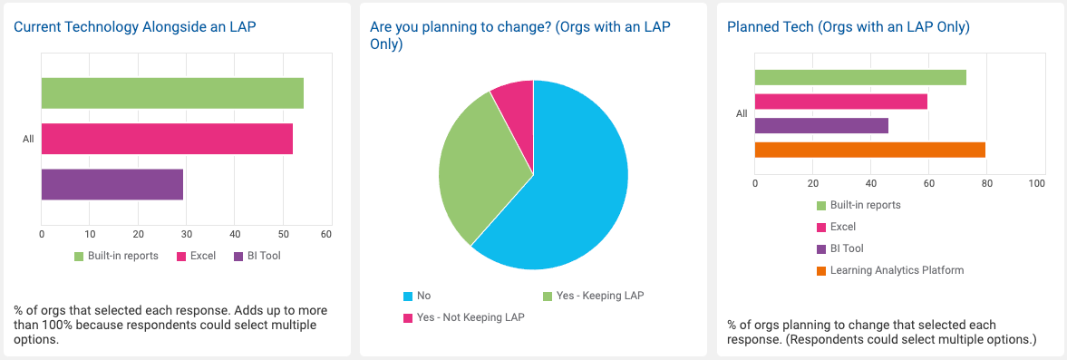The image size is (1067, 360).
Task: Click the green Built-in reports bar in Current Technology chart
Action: [x=172, y=93]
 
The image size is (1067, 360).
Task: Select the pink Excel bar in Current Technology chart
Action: [x=167, y=139]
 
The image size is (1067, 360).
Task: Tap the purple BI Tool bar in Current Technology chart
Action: [x=112, y=184]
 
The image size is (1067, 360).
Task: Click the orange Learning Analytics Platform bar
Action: [x=869, y=150]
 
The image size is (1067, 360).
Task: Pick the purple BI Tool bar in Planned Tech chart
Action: [x=821, y=125]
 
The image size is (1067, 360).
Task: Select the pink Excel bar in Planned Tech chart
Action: [x=840, y=102]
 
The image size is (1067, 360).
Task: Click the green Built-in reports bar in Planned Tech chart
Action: [x=860, y=77]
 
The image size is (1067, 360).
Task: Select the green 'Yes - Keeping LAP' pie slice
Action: [x=476, y=172]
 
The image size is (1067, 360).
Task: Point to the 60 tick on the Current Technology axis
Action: [x=326, y=234]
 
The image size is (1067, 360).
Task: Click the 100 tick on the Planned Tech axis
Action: [x=1037, y=182]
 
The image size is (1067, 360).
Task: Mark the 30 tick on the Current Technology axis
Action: [x=187, y=234]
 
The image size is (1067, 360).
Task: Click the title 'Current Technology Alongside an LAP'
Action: [x=135, y=27]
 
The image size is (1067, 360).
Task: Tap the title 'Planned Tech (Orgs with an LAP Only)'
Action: [x=849, y=27]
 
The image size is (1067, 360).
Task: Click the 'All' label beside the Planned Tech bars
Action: [x=742, y=113]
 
